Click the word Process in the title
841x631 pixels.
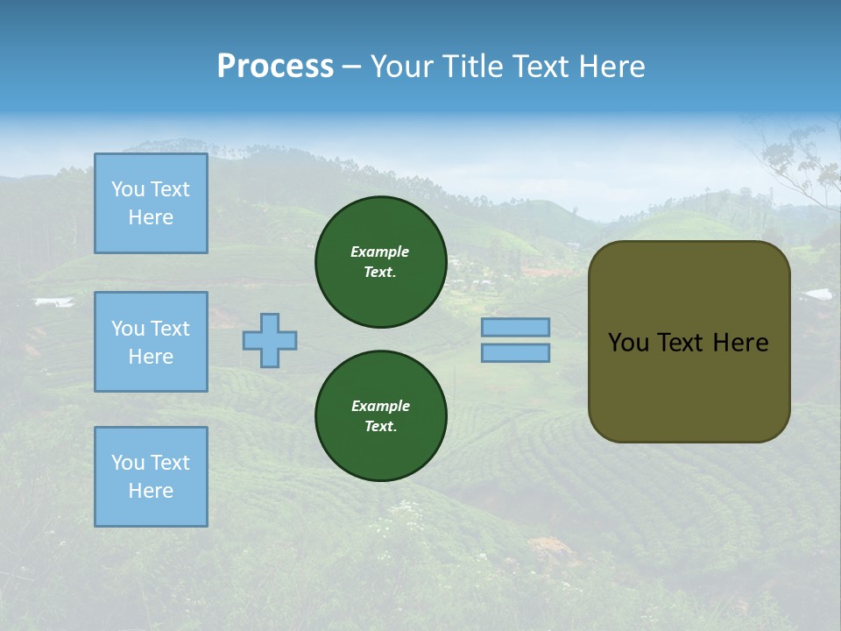(275, 67)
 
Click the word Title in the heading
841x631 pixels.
(473, 67)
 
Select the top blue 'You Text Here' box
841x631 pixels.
(151, 203)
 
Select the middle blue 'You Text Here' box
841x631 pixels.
(151, 342)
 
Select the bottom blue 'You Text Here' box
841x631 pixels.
(151, 477)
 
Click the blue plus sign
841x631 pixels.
(270, 340)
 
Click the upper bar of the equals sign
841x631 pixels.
(516, 327)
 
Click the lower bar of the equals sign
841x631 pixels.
(516, 352)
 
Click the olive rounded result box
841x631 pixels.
(689, 386)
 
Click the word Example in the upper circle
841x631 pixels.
(380, 252)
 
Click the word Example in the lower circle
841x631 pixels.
(380, 406)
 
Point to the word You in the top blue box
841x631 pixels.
(127, 189)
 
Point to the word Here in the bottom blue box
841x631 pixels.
(151, 491)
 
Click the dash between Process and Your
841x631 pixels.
(351, 67)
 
